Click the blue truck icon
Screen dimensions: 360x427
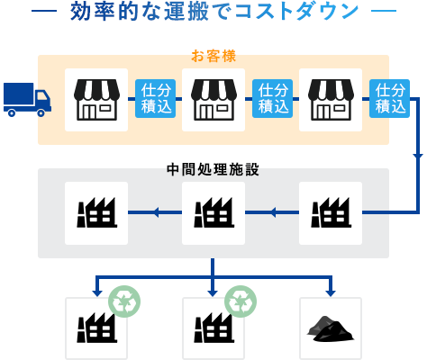(x=26, y=100)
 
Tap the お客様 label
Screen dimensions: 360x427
(x=213, y=57)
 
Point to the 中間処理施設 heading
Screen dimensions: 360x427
(x=213, y=169)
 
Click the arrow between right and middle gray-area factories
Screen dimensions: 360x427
(x=273, y=213)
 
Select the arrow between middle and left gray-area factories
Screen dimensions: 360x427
(x=156, y=213)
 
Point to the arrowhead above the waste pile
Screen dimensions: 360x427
(x=331, y=291)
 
